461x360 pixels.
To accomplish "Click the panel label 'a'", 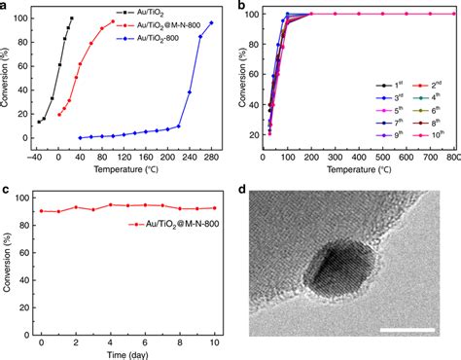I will pos(6,7).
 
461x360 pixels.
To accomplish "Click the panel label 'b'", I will pos(239,7).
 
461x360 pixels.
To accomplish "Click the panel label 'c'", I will pos(6,190).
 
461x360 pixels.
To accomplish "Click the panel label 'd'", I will pos(239,190).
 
